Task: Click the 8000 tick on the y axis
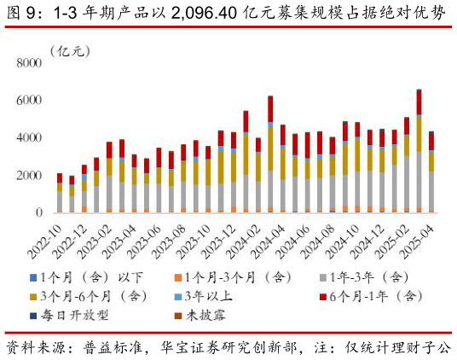(x=29, y=63)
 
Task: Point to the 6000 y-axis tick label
(x=29, y=101)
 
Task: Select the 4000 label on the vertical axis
(x=29, y=138)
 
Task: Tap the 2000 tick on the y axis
(x=29, y=176)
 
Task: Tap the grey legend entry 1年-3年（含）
(x=371, y=277)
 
